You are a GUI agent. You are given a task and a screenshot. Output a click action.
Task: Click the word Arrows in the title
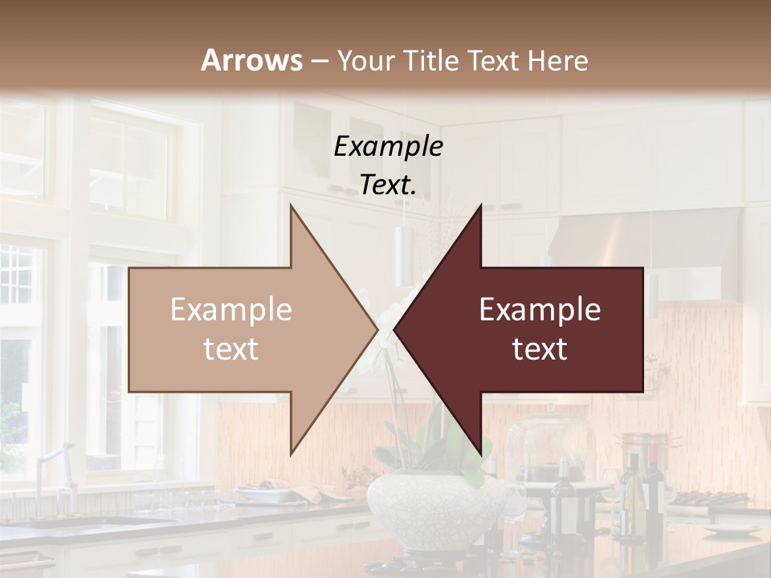point(251,60)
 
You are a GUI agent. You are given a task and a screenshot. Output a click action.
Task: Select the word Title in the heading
point(434,61)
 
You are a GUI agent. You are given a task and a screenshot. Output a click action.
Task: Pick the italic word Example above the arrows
point(388,147)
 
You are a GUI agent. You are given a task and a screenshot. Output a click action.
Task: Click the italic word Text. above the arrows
point(388,185)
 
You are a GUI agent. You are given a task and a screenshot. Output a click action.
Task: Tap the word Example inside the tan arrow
point(231,310)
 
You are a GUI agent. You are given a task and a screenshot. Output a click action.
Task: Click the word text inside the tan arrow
point(231,349)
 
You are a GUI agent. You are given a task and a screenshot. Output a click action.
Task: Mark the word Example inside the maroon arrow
point(540,310)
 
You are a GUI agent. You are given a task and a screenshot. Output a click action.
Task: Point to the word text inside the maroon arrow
point(540,349)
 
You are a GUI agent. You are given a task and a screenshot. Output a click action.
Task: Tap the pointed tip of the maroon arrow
point(397,330)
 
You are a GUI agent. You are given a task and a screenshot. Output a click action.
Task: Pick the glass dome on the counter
point(550,446)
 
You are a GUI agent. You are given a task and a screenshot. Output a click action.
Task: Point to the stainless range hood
point(642,241)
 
